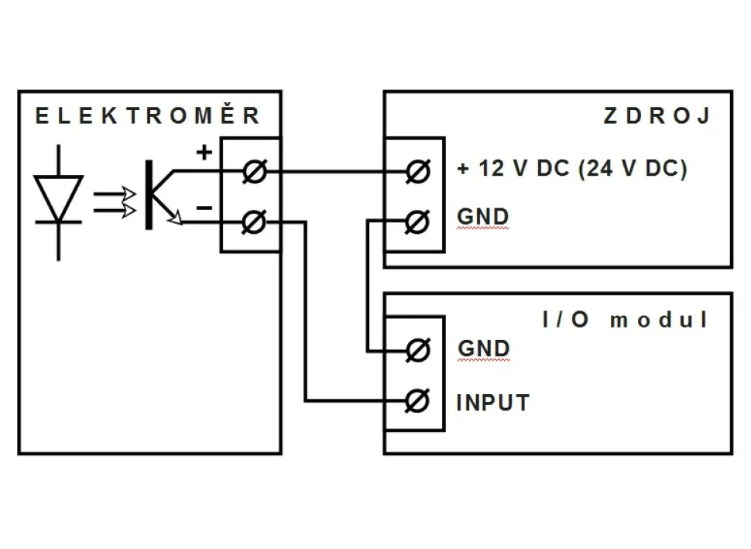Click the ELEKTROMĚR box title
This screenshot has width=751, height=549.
pos(148,117)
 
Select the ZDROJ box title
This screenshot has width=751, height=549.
pos(657,117)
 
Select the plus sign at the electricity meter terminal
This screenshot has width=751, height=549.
pos(204,153)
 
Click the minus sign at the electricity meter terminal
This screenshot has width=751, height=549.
pos(204,208)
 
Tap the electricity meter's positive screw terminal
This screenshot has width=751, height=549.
pos(251,172)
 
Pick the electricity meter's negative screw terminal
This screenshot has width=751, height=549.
pos(251,223)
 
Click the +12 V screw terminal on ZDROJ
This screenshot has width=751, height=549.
pos(417,172)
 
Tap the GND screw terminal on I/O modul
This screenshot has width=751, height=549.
pos(417,350)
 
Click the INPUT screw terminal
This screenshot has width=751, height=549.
pos(417,401)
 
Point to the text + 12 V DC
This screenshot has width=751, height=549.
pos(514,169)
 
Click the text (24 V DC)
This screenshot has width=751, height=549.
pos(632,169)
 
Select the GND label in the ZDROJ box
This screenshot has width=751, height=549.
pos(483,217)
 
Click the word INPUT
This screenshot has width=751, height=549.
pos(493,403)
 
